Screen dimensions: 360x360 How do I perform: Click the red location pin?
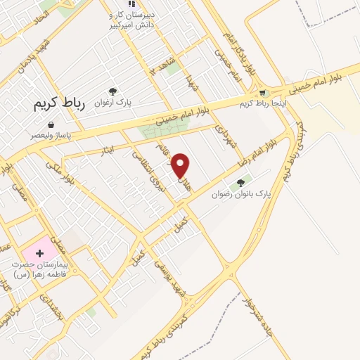[181, 165]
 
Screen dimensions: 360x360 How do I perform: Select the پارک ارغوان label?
[112, 102]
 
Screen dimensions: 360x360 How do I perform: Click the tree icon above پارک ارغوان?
[112, 91]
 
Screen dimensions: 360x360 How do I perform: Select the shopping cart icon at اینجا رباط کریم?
[262, 93]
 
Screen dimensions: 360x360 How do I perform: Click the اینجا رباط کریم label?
[256, 103]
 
